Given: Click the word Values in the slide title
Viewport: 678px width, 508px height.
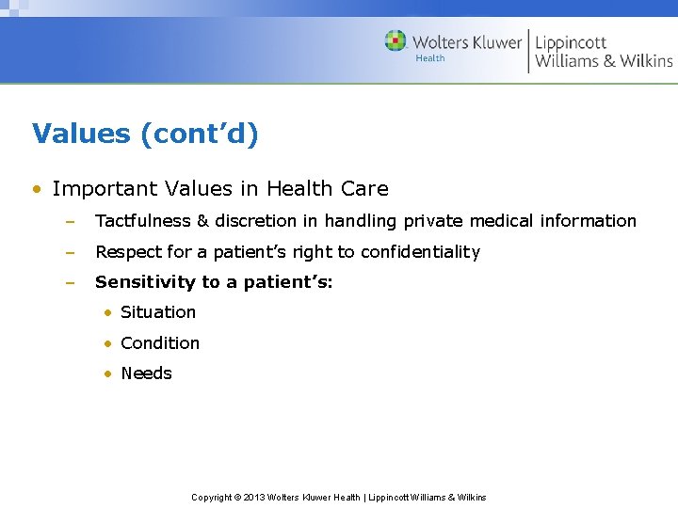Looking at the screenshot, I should tap(81, 134).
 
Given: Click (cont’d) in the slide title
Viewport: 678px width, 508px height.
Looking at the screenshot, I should tap(199, 134).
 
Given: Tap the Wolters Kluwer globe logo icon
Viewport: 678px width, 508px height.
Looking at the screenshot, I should tap(395, 40).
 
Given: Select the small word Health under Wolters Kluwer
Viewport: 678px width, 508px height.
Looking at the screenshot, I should tap(430, 58).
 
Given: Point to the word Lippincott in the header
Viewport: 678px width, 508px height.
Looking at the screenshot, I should tap(571, 41).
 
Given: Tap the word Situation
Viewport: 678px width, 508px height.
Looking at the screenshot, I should tap(158, 312).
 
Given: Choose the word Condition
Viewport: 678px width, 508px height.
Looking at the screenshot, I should tap(160, 343).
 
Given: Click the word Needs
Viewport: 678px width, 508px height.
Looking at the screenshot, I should tap(146, 373).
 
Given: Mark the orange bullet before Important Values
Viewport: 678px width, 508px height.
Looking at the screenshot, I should tap(36, 189).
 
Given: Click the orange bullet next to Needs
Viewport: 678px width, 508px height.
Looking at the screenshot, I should tap(109, 374).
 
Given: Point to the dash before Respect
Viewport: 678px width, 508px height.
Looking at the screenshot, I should tap(69, 252).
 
